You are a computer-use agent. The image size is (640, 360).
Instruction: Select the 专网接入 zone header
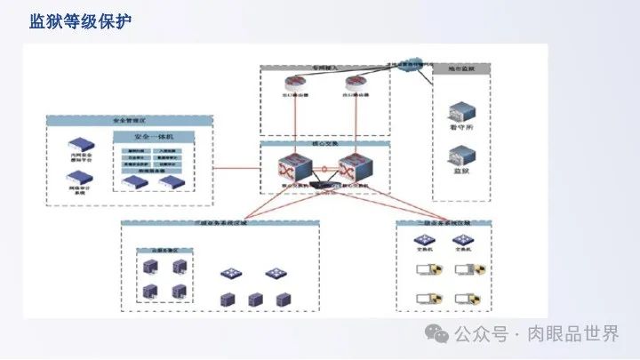tap(321, 68)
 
